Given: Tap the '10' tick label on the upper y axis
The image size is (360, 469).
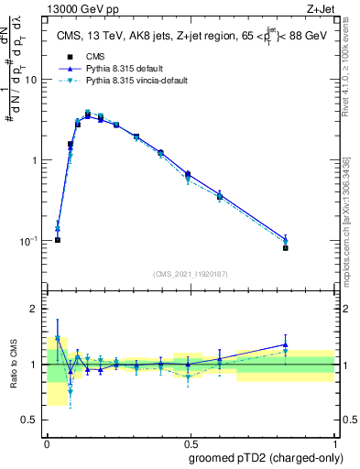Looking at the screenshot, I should [31, 80].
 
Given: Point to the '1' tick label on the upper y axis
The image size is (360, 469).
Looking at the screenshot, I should [34, 160].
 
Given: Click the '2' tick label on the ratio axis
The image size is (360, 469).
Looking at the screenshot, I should [34, 310].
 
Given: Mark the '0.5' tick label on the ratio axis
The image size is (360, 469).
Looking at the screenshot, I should [30, 420].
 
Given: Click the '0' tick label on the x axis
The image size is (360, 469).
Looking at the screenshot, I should [46, 442].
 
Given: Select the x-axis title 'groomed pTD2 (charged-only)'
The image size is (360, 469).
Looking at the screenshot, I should [265, 457].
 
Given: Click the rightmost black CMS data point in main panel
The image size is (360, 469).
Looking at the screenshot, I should [311, 248].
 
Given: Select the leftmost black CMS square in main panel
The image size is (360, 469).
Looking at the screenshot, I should [58, 240].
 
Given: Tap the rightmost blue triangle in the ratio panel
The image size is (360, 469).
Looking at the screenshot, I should [311, 345].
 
